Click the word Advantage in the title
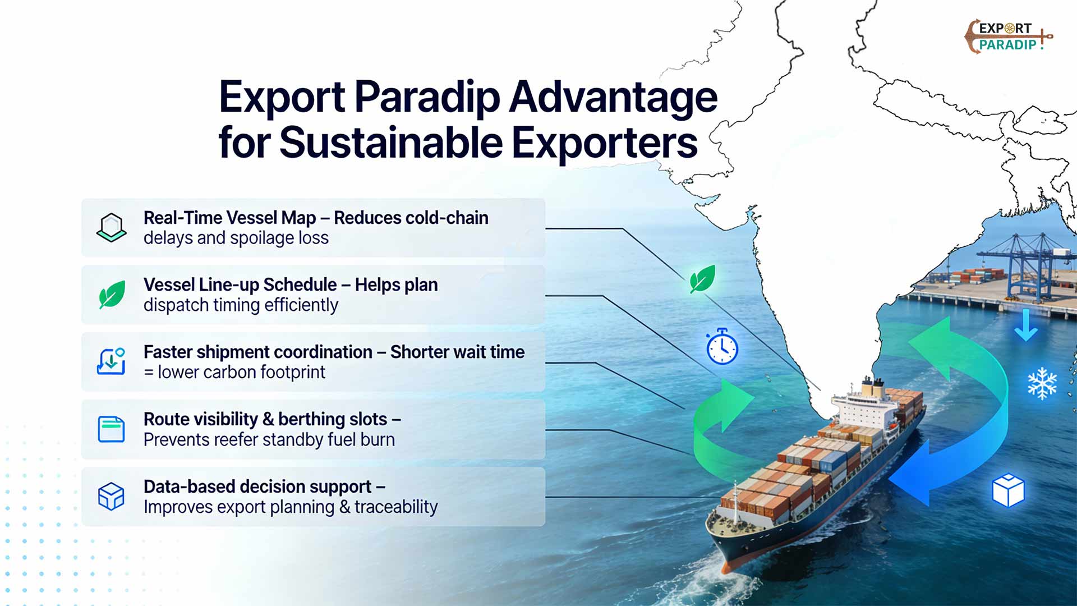tap(613, 97)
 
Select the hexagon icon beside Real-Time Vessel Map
tap(112, 227)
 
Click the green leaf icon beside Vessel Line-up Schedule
tap(112, 295)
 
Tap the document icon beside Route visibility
tap(111, 429)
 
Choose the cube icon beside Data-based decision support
tap(111, 496)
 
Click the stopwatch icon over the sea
tap(722, 347)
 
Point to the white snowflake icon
tap(1042, 384)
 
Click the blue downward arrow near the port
tap(1026, 325)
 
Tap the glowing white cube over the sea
tap(1008, 490)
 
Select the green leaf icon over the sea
tap(702, 279)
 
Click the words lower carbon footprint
tap(241, 372)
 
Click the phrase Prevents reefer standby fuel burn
tap(269, 439)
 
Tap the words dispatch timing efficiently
tap(241, 305)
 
